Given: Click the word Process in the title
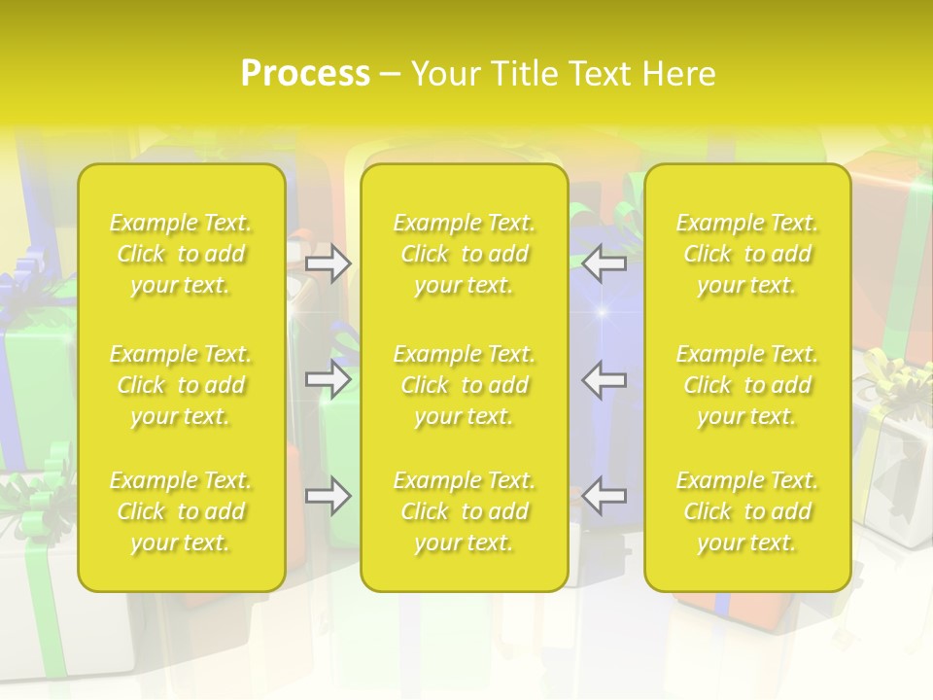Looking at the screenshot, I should (305, 74).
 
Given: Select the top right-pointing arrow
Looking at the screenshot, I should (328, 262).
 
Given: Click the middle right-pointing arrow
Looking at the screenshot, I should (328, 379).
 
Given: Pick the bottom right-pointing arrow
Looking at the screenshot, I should (328, 496).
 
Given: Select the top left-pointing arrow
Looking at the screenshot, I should (605, 262).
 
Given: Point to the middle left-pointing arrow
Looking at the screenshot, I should (605, 379).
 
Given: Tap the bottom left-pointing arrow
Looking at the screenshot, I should (605, 496).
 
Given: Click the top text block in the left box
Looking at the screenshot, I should (181, 254).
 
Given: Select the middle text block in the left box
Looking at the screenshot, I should (181, 385).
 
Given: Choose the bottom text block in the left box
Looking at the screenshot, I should (181, 511).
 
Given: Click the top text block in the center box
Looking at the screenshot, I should (465, 254).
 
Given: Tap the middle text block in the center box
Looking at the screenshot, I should (465, 385).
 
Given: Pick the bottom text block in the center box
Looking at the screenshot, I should (465, 511).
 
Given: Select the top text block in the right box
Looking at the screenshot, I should (747, 254).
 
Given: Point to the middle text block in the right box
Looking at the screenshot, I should (747, 385).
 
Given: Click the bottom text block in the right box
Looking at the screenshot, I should (747, 511).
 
